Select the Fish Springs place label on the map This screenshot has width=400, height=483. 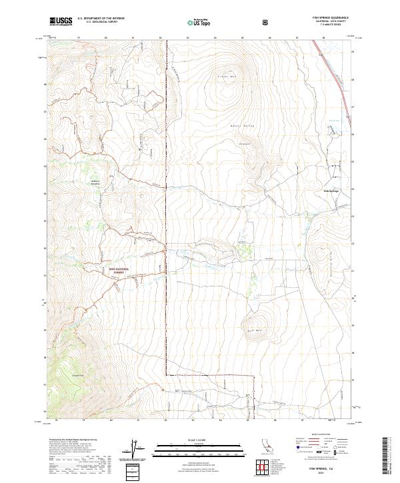click(x=331, y=191)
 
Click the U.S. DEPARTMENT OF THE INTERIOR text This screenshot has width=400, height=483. click(x=101, y=19)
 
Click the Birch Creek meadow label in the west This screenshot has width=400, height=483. click(x=94, y=182)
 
